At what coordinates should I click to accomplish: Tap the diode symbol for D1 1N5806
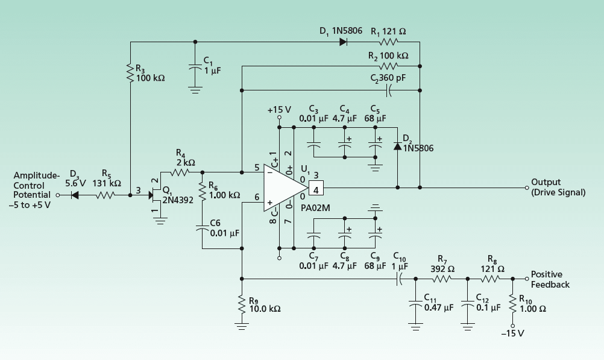[343, 42]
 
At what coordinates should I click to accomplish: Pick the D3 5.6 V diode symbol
[75, 195]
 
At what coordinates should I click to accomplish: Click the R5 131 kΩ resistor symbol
[105, 195]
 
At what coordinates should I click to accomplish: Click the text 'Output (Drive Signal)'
[558, 187]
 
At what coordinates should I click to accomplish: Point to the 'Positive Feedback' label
[550, 279]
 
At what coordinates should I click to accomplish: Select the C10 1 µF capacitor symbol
[400, 279]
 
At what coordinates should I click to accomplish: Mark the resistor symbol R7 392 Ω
[441, 279]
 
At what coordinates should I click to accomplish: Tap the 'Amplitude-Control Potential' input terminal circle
[58, 195]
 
